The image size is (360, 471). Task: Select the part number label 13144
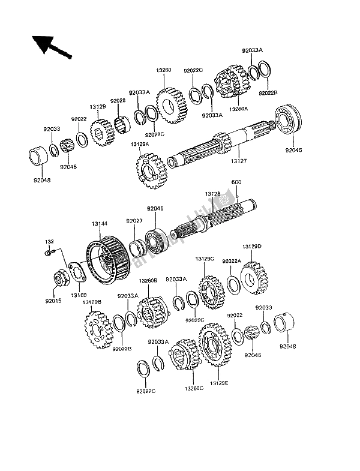point(100,224)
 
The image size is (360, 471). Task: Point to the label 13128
point(212,194)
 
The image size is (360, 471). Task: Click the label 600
point(236,182)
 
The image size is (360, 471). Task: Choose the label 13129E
point(219,382)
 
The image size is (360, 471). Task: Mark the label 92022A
point(232,261)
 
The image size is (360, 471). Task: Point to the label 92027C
point(145,391)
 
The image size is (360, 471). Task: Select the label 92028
point(118,101)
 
